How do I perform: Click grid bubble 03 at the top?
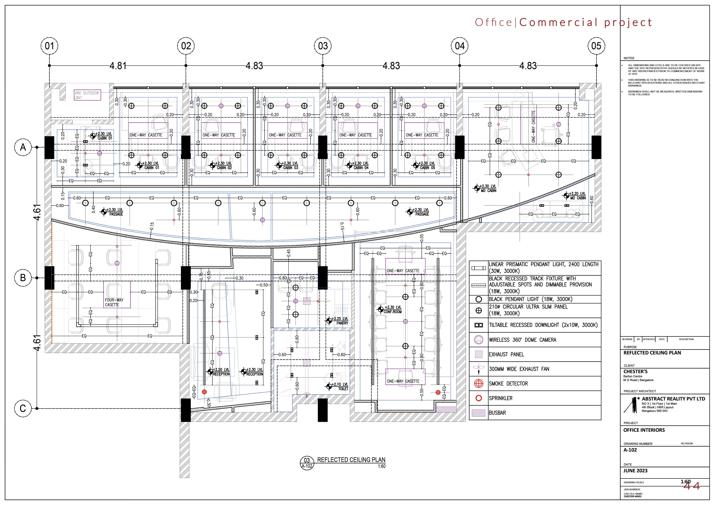(x=323, y=46)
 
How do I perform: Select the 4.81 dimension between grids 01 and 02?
(x=118, y=66)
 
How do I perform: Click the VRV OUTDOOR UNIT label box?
(x=87, y=95)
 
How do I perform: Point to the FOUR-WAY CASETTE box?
(x=117, y=295)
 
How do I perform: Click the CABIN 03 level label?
(x=290, y=165)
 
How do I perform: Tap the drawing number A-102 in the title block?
(x=630, y=450)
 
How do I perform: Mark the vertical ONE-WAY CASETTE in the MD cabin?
(x=534, y=127)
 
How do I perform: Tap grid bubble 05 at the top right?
(x=596, y=46)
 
